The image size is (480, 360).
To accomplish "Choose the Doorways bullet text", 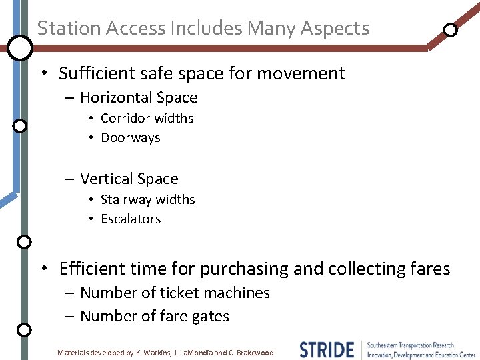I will [x=131, y=138].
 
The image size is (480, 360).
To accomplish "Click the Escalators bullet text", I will [x=131, y=219].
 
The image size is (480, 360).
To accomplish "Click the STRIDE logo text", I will [x=327, y=350].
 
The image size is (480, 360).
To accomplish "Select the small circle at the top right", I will [x=451, y=29].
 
